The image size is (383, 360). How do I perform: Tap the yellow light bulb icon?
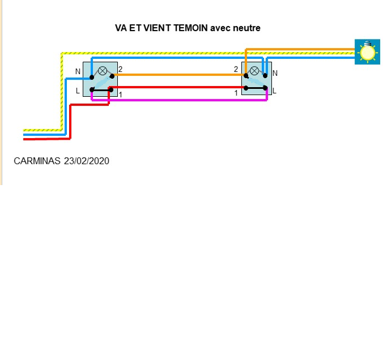pyautogui.click(x=368, y=52)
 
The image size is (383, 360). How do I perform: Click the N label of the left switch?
pyautogui.click(x=78, y=72)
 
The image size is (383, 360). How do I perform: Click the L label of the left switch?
pyautogui.click(x=78, y=91)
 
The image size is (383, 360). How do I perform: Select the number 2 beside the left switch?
pyautogui.click(x=121, y=70)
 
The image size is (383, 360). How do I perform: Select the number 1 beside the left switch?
pyautogui.click(x=121, y=94)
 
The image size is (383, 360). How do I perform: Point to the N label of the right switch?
pyautogui.click(x=275, y=73)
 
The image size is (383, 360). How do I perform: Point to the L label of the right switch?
pyautogui.click(x=275, y=90)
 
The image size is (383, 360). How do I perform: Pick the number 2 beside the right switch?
pyautogui.click(x=236, y=70)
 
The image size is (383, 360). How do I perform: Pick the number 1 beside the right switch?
pyautogui.click(x=236, y=92)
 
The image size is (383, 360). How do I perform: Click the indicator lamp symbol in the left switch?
pyautogui.click(x=103, y=71)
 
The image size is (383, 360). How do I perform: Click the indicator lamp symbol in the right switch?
pyautogui.click(x=255, y=71)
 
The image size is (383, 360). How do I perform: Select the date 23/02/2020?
pyautogui.click(x=87, y=161)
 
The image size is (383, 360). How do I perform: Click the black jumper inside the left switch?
pyautogui.click(x=101, y=89)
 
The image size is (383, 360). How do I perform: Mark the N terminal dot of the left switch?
pyautogui.click(x=92, y=77)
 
